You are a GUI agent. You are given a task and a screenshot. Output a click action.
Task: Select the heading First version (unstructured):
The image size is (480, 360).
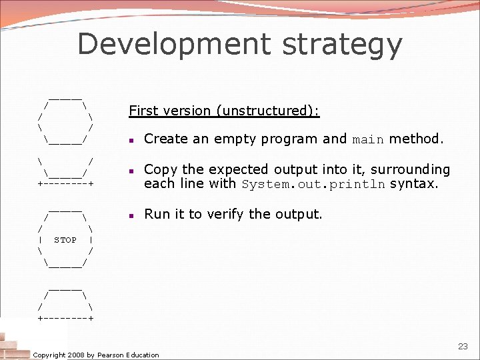click(224, 111)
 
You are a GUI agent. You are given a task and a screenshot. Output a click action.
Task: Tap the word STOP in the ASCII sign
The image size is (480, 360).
click(65, 240)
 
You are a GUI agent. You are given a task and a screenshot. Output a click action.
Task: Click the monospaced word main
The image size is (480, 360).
click(368, 140)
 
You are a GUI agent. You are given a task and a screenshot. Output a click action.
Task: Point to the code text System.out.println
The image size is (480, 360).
click(313, 185)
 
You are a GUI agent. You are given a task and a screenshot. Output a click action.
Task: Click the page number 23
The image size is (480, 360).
click(463, 346)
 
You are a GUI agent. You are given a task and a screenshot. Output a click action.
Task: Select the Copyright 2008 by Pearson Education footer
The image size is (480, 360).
click(96, 355)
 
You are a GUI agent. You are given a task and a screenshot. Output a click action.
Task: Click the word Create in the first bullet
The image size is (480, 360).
click(165, 139)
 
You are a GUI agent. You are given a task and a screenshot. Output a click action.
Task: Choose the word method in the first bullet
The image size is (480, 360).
click(415, 139)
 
